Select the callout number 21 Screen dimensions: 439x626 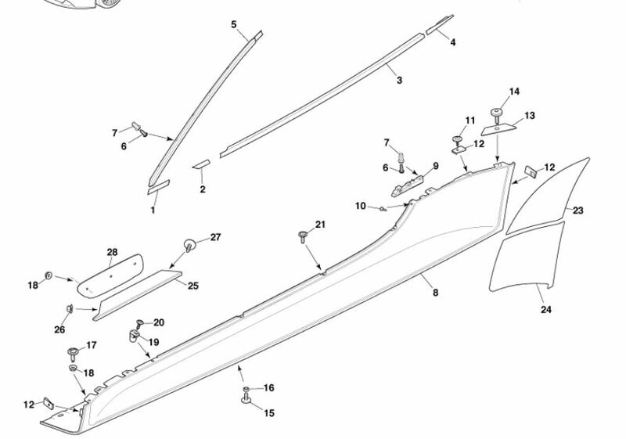tap(319, 225)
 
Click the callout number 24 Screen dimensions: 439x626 tap(545, 310)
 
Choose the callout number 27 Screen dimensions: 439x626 tap(216, 236)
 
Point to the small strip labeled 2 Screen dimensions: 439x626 tap(202, 165)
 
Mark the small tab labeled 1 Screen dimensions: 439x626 tap(159, 185)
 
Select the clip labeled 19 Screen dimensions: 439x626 tap(132, 337)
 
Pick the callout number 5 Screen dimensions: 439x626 tap(233, 25)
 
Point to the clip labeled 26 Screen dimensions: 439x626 tap(69, 308)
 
